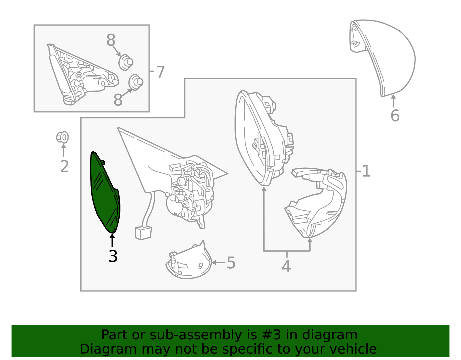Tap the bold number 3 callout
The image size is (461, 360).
click(113, 256)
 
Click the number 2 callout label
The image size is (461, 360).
click(65, 166)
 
